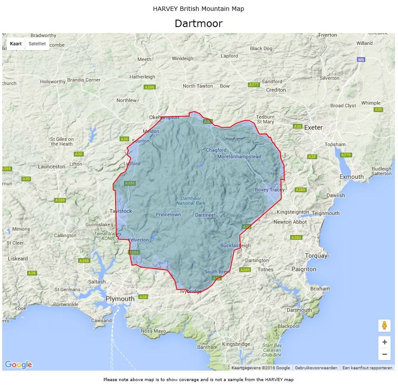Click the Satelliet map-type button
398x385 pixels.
(x=37, y=44)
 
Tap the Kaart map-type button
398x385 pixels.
(x=16, y=44)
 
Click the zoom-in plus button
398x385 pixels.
(x=384, y=342)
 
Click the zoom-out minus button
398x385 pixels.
(x=384, y=354)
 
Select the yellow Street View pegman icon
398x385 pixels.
(x=384, y=325)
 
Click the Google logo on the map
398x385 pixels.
(x=18, y=365)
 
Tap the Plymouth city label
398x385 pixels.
(x=120, y=299)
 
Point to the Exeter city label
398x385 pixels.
(x=313, y=127)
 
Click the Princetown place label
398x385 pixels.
(x=168, y=215)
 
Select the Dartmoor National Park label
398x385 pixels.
(x=191, y=201)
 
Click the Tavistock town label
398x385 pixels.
(x=121, y=211)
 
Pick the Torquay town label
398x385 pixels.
(x=316, y=256)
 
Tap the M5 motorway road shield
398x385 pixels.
(x=360, y=59)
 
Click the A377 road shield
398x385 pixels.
(x=254, y=85)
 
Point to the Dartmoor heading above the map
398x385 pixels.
(x=199, y=24)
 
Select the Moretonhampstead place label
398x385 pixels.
(x=239, y=157)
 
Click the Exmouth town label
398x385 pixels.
(x=351, y=177)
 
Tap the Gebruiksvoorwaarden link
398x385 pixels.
(x=316, y=368)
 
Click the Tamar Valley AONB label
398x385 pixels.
(x=107, y=236)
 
